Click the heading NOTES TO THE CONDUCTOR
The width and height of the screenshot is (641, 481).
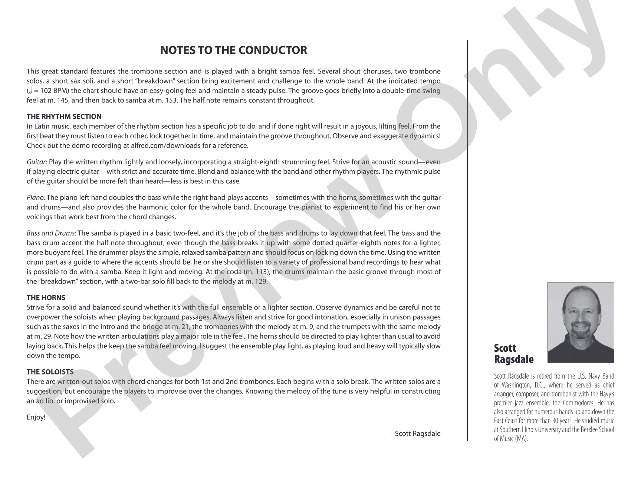point(233,50)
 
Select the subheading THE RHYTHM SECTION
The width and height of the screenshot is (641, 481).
point(64,117)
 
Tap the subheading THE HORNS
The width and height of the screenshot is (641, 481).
point(46,298)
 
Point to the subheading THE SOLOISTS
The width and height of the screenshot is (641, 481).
point(50,372)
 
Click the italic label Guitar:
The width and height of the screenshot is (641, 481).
point(37,162)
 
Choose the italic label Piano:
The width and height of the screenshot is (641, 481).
point(36,198)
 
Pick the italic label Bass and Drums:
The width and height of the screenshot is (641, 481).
point(52,233)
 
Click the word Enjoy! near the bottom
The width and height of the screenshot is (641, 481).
point(36,417)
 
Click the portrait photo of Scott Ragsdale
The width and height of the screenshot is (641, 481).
point(581,322)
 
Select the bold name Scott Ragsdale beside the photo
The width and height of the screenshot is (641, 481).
point(514,354)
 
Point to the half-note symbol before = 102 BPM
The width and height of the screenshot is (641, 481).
point(30,91)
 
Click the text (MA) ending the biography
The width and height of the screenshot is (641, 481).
point(521,438)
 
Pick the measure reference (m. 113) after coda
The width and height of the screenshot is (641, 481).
point(256,272)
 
